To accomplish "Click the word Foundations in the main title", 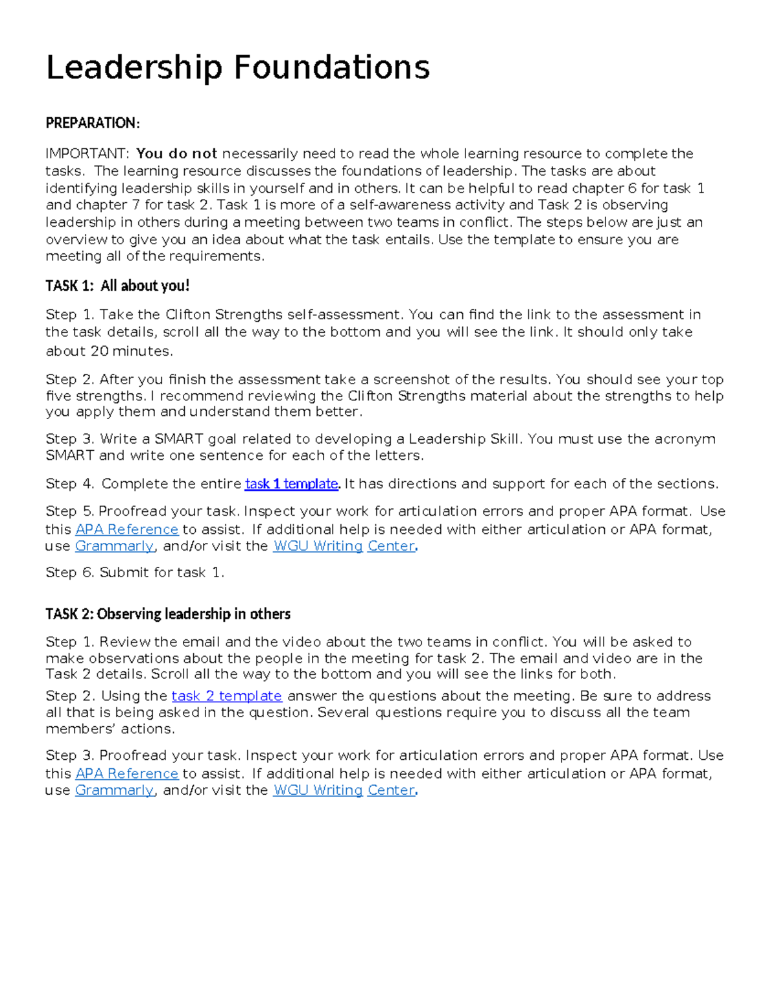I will pyautogui.click(x=331, y=68).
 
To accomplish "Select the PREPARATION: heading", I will pyautogui.click(x=92, y=123).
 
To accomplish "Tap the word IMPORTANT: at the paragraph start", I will pyautogui.click(x=87, y=154).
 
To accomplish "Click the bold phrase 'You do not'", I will pyautogui.click(x=176, y=154).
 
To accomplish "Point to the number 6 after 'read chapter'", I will pyautogui.click(x=632, y=189).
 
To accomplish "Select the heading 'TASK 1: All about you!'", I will pyautogui.click(x=117, y=286).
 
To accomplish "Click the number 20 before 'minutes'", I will pyautogui.click(x=99, y=351).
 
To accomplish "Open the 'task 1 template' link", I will pyautogui.click(x=291, y=484).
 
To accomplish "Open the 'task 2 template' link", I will pyautogui.click(x=226, y=696).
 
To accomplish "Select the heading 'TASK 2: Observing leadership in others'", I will pyautogui.click(x=168, y=613).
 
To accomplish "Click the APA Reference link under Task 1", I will pyautogui.click(x=126, y=530).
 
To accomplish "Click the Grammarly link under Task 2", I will pyautogui.click(x=114, y=790).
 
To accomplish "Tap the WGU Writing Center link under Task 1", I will pyautogui.click(x=344, y=546).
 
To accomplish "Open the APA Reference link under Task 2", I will pyautogui.click(x=126, y=773).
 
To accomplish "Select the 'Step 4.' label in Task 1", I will pyautogui.click(x=70, y=484).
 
